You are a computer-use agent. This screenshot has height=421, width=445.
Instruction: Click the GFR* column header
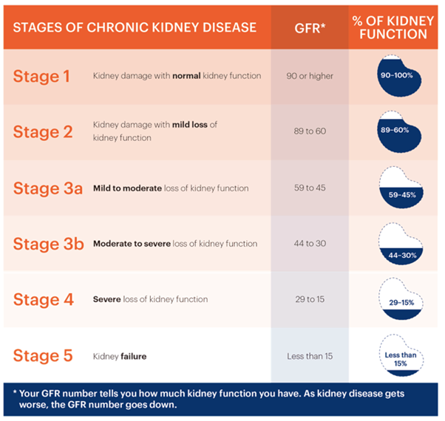pyautogui.click(x=310, y=28)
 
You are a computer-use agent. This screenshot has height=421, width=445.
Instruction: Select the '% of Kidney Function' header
pyautogui.click(x=400, y=28)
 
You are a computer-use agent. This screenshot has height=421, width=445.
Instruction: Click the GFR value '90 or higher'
pyautogui.click(x=310, y=76)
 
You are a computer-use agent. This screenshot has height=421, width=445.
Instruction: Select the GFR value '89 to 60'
pyautogui.click(x=310, y=131)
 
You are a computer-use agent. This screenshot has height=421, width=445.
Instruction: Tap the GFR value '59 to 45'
pyautogui.click(x=310, y=188)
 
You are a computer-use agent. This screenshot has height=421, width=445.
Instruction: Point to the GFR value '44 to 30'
pyautogui.click(x=310, y=244)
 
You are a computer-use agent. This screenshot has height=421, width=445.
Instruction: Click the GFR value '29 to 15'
pyautogui.click(x=310, y=300)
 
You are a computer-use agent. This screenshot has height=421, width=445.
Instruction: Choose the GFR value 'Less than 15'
pyautogui.click(x=310, y=356)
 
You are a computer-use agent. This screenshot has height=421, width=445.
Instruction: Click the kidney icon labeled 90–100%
pyautogui.click(x=400, y=76)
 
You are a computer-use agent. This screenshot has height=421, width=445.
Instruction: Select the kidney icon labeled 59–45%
pyautogui.click(x=400, y=188)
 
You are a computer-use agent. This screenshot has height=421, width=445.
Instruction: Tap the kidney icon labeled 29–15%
pyautogui.click(x=400, y=300)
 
